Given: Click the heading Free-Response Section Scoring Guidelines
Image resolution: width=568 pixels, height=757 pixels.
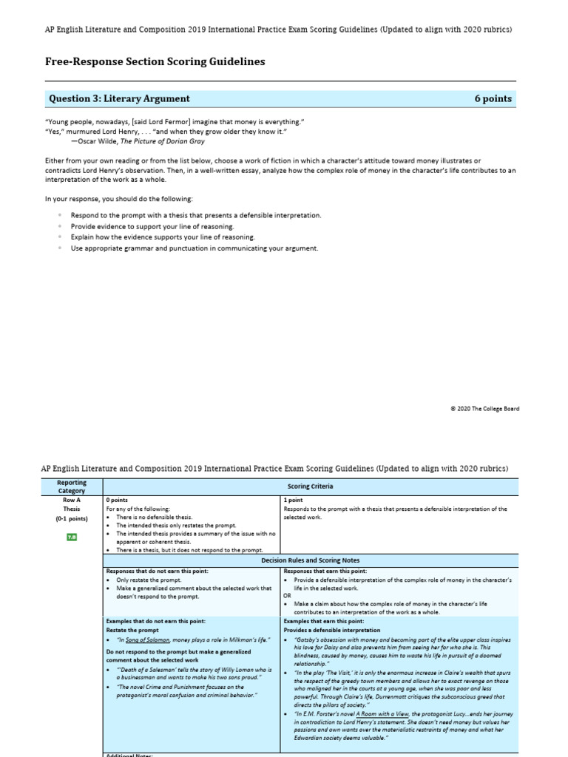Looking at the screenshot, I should click(155, 62).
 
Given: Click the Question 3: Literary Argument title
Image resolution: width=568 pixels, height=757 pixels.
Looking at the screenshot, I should click(119, 98).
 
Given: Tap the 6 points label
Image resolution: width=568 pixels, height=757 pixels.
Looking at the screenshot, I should click(493, 98).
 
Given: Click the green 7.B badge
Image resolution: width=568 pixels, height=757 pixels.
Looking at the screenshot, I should click(72, 537).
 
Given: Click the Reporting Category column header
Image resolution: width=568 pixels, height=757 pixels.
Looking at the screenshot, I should click(72, 486).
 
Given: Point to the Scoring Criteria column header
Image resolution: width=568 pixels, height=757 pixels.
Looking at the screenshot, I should click(310, 486).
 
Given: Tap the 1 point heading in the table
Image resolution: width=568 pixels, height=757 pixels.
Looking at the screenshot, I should click(294, 500).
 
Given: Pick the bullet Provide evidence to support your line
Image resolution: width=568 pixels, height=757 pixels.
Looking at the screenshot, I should click(152, 225).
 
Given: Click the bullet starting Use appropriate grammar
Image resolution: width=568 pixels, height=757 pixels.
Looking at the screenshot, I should click(195, 248).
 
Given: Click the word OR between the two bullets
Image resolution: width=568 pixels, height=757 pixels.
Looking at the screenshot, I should click(288, 594).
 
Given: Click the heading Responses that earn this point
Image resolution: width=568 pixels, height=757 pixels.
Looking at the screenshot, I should click(325, 571).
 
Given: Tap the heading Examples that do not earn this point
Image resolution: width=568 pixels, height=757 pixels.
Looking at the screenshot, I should click(156, 622).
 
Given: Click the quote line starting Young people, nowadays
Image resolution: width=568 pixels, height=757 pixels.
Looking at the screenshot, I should click(175, 121).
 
